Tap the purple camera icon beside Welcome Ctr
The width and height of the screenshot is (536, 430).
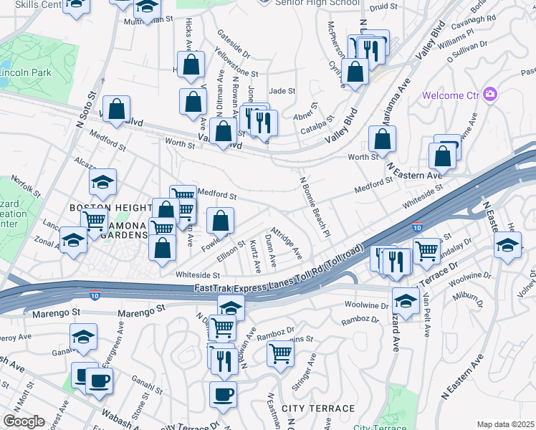point(490,95)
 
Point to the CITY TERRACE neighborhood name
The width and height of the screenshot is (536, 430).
point(318,408)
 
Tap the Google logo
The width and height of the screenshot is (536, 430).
point(24,421)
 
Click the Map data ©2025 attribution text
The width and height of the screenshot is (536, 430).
point(505,424)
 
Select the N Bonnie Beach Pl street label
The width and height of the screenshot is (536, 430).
point(314,208)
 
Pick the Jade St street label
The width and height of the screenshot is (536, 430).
point(282,91)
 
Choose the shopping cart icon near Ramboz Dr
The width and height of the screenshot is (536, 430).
point(280,352)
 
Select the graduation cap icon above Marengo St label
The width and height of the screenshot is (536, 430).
point(231,307)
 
